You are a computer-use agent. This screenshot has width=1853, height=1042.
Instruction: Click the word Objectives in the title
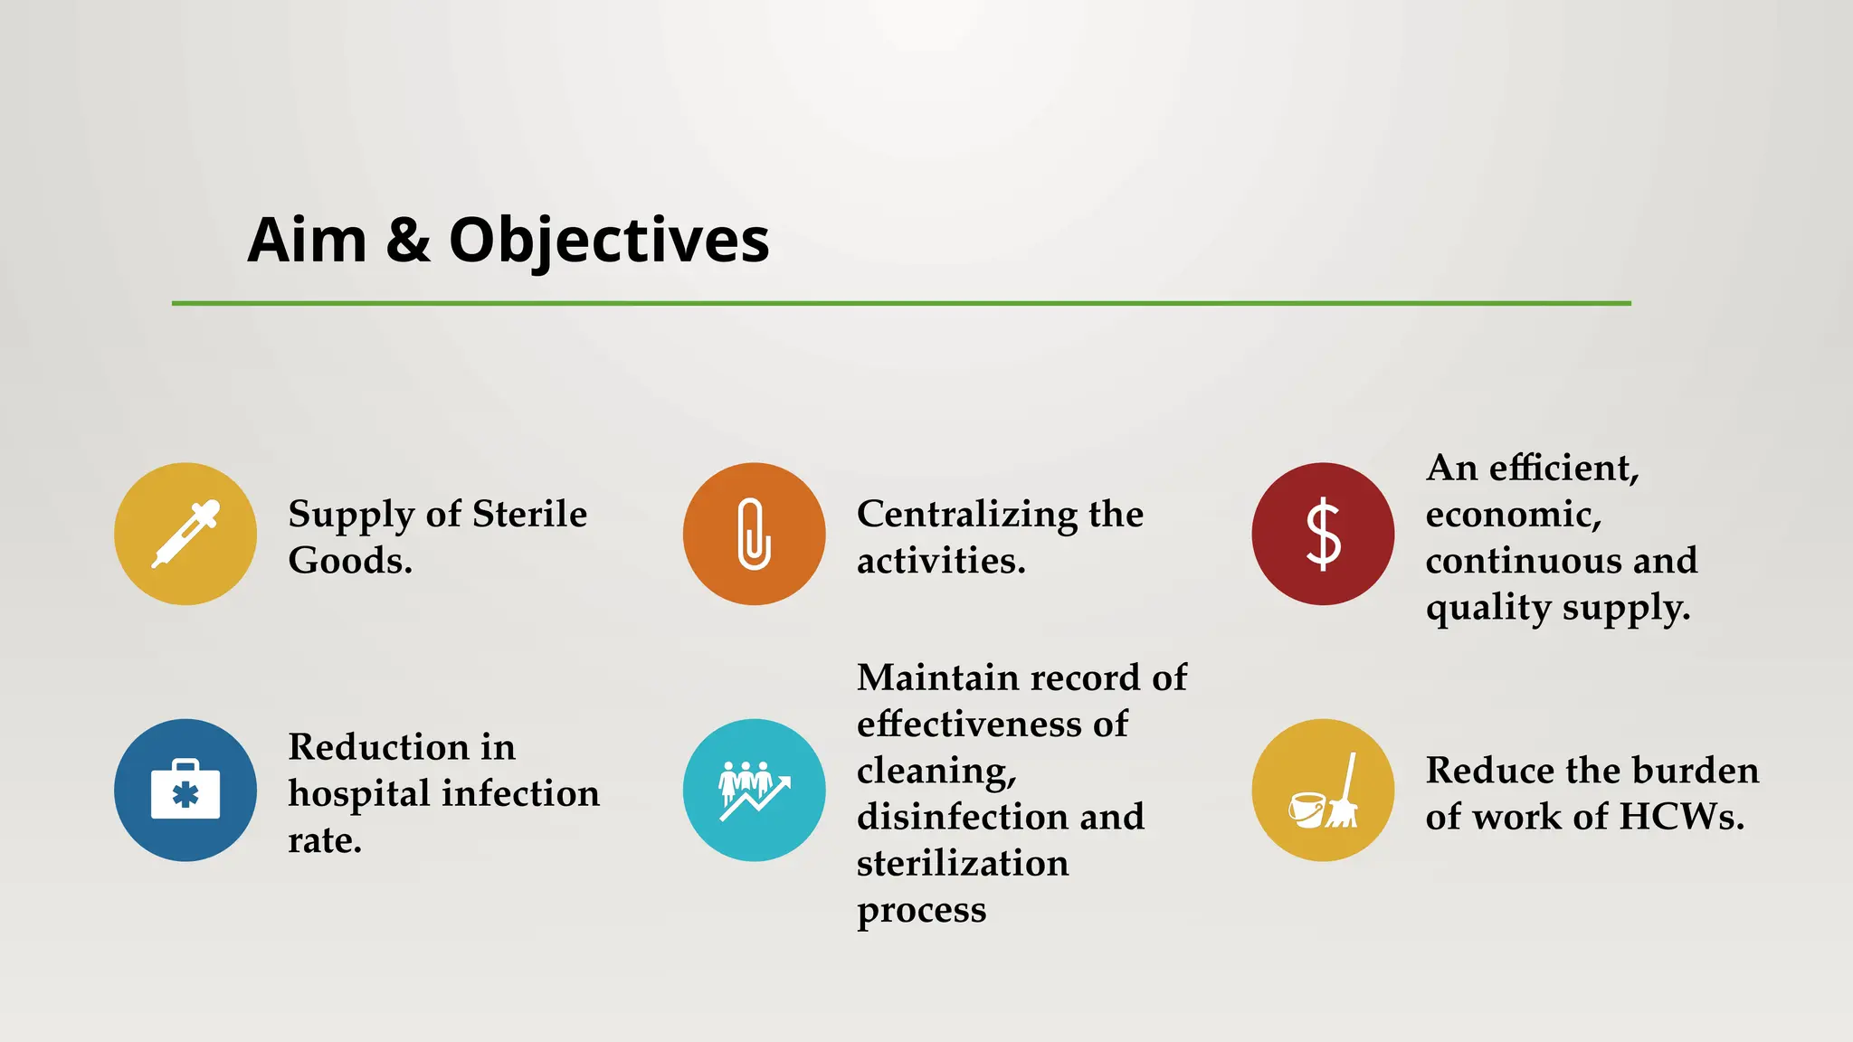[609, 241]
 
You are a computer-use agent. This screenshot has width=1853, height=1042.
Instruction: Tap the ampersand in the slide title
[408, 241]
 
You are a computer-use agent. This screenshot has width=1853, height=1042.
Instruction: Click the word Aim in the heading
[307, 241]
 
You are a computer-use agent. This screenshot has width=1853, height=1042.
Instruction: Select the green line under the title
[901, 303]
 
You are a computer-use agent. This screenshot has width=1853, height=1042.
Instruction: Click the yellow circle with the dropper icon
[185, 534]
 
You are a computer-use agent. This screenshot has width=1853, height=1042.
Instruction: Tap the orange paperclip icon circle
[754, 534]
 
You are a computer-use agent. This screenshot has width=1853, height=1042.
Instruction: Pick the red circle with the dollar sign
[1323, 534]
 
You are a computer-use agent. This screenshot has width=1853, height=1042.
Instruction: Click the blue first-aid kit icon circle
[185, 790]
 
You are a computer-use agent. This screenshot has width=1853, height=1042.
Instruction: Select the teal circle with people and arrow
[754, 790]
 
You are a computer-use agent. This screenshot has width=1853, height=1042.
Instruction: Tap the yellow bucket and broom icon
[1323, 790]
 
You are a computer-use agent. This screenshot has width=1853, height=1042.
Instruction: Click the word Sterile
[529, 514]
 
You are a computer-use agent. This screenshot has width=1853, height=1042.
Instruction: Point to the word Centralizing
[966, 515]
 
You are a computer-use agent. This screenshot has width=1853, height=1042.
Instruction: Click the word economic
[1513, 515]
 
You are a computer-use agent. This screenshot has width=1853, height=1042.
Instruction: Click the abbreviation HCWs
[1681, 817]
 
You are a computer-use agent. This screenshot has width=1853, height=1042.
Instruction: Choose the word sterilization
[962, 863]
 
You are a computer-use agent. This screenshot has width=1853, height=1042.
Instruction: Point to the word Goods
[349, 561]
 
